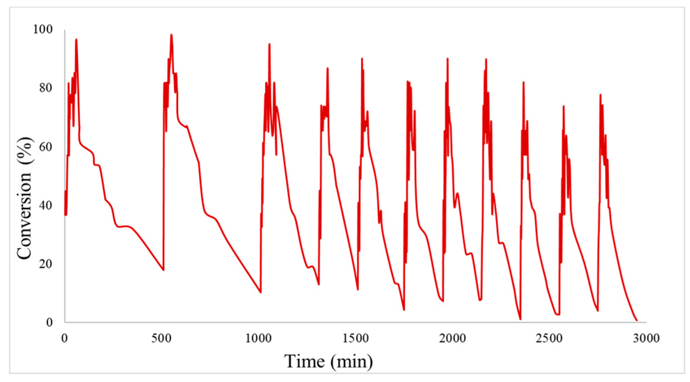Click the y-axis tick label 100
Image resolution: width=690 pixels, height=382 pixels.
point(43,29)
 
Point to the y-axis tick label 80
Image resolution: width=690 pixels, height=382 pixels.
point(46,88)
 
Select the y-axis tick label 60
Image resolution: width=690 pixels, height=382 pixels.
point(46,147)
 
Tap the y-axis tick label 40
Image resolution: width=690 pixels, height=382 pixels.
point(46,205)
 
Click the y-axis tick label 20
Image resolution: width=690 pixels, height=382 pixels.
point(46,264)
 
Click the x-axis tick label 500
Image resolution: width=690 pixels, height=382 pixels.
point(161,338)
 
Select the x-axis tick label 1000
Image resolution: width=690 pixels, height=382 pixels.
point(258,338)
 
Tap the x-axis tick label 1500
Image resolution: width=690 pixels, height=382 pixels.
point(355,338)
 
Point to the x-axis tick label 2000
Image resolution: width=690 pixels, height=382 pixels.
point(452,338)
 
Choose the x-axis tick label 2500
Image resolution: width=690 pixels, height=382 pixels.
point(549,338)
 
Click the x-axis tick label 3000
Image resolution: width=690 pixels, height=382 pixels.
point(646,338)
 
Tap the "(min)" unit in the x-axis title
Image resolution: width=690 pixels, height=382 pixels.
point(352,361)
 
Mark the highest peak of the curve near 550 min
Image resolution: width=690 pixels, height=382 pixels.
point(171,35)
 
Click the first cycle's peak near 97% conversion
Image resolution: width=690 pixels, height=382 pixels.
point(76,39)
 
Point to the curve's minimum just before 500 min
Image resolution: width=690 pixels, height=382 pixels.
point(163,270)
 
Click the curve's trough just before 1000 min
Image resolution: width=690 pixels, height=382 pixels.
point(260,292)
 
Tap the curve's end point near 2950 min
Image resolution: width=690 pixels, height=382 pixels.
point(637,321)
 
